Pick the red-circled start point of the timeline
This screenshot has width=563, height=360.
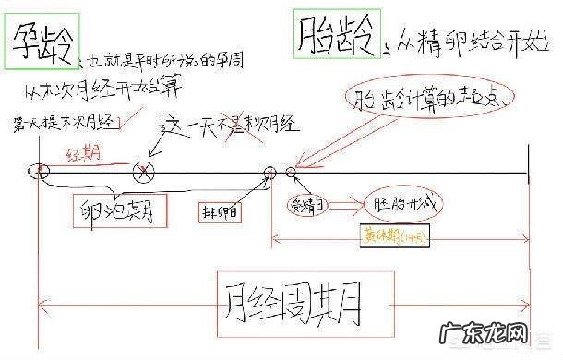[x=39, y=171]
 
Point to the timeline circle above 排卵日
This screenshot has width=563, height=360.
[x=270, y=172]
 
